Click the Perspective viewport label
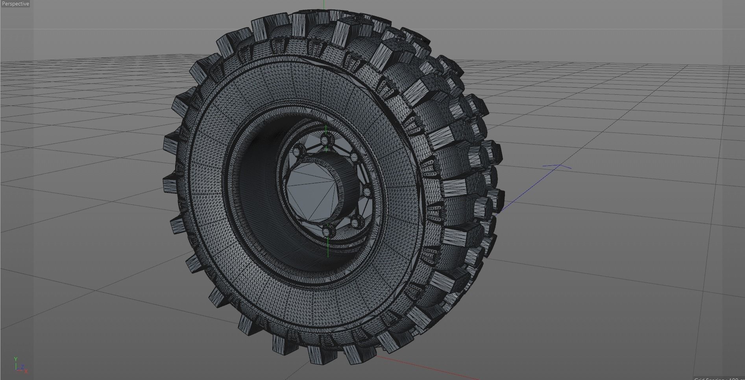click(15, 4)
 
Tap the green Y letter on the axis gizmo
click(16, 359)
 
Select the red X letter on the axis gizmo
click(26, 371)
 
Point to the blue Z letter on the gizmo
click(23, 367)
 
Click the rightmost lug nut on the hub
click(367, 192)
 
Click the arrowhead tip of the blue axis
click(559, 166)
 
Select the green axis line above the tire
click(324, 4)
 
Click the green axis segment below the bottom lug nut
click(328, 248)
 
